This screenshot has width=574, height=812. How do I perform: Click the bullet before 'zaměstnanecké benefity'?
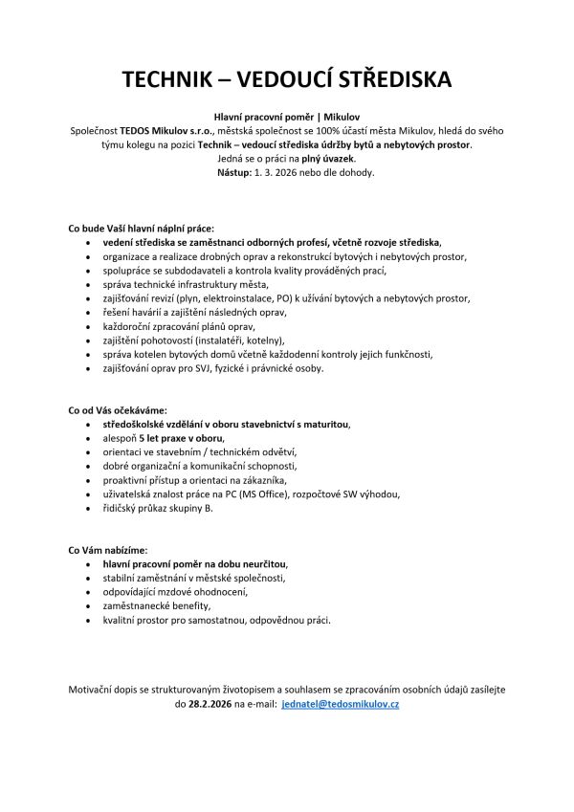coord(89,606)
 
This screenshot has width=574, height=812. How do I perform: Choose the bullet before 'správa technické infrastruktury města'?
coord(89,284)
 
